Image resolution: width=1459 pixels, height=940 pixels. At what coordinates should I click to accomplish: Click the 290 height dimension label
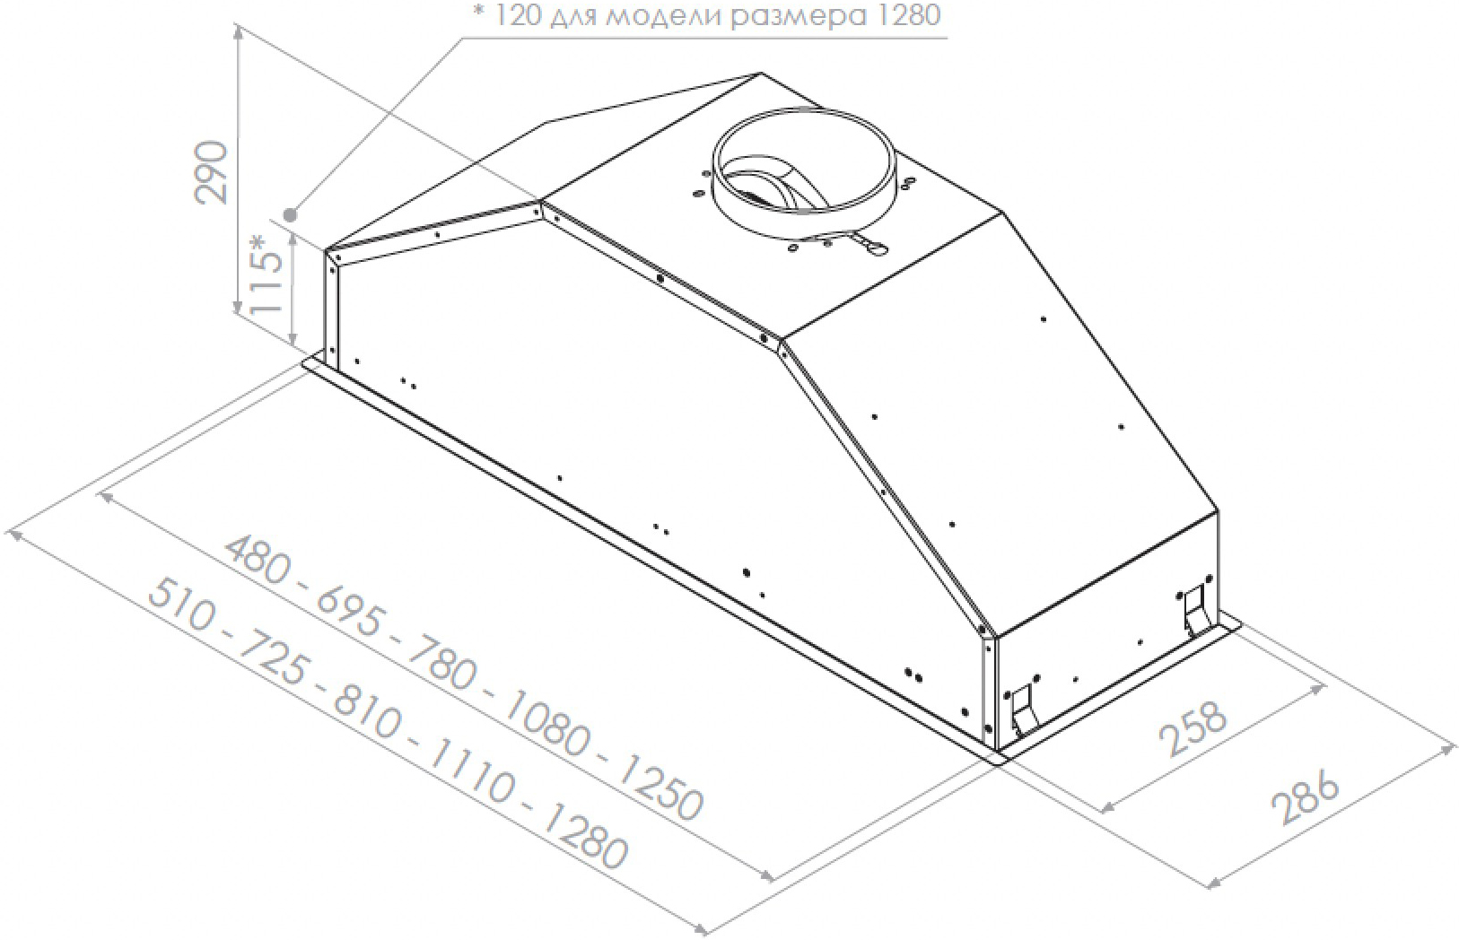[212, 172]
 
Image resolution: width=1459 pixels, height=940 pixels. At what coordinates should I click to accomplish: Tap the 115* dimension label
[265, 283]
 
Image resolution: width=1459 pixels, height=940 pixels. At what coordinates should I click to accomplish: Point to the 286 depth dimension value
[1306, 799]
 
